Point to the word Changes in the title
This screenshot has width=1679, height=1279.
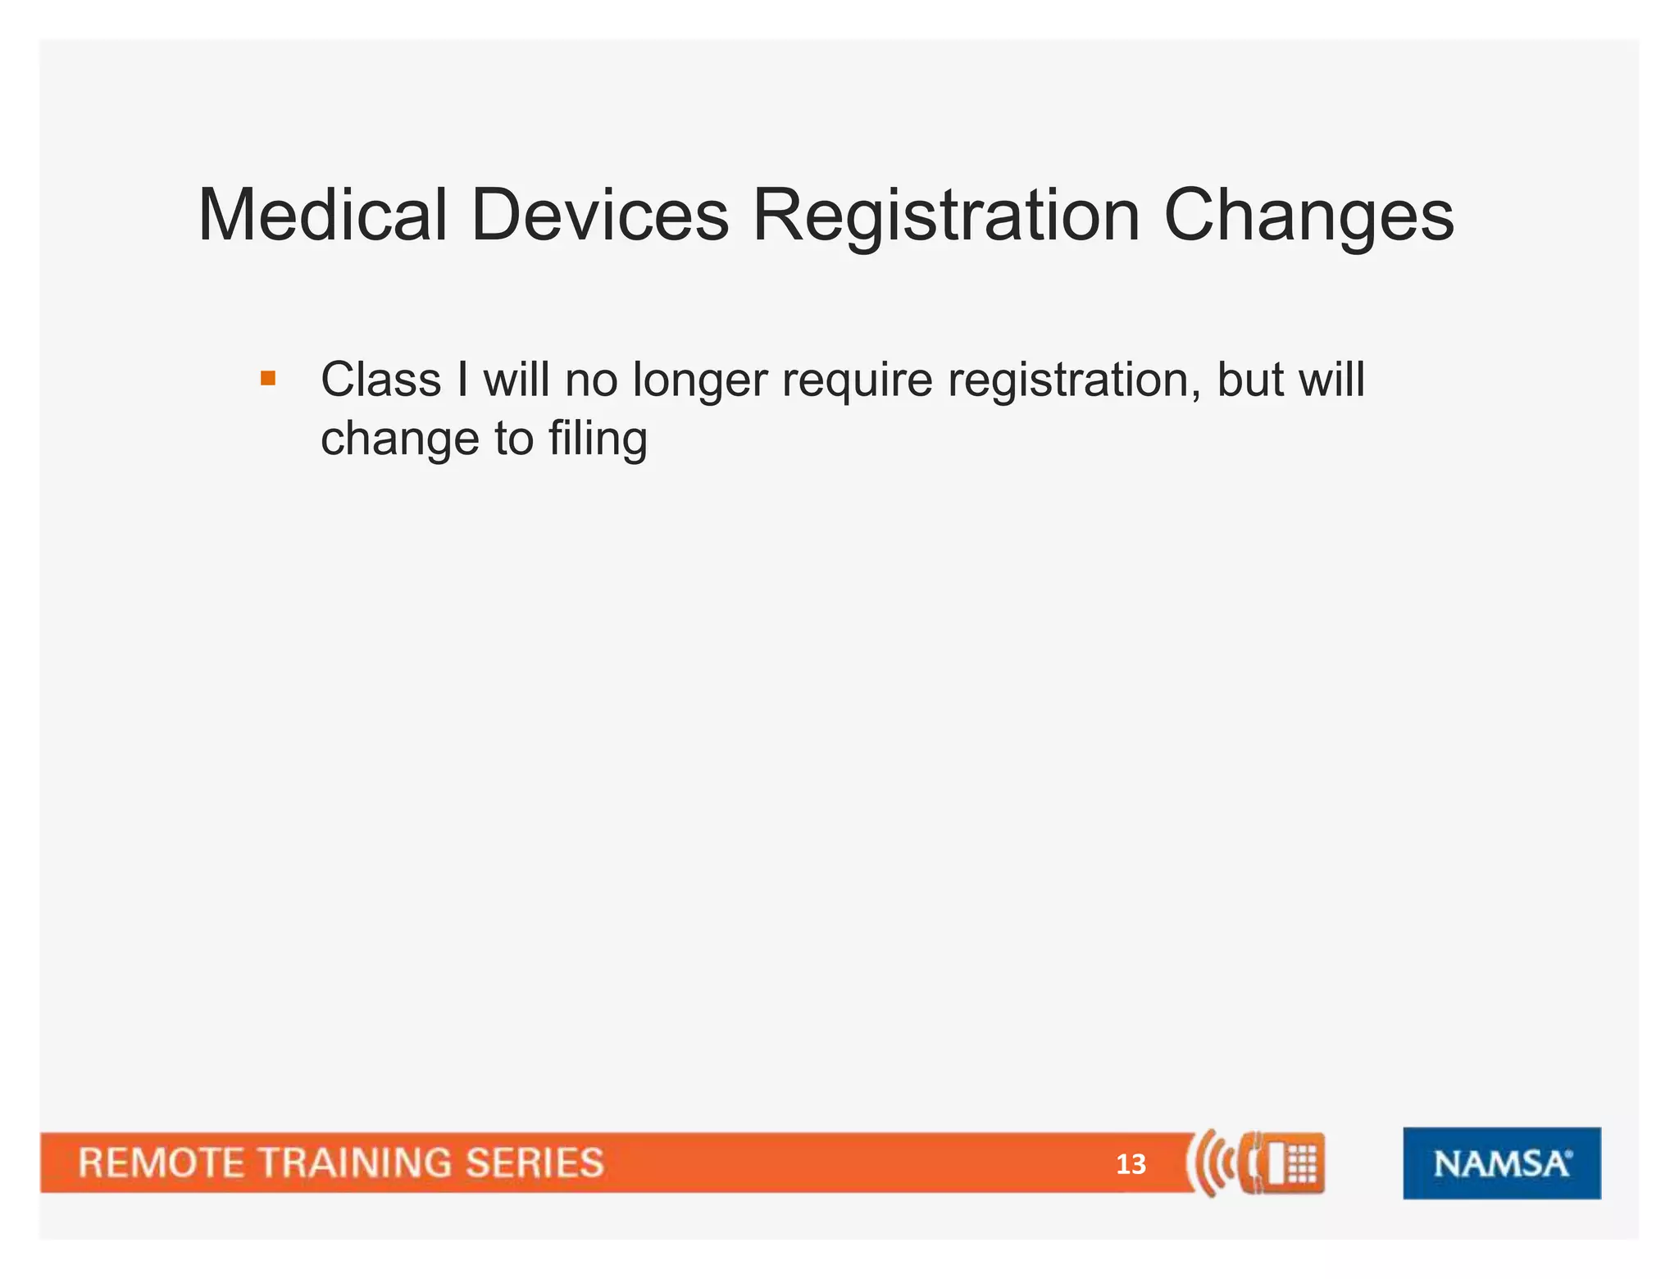(x=1308, y=216)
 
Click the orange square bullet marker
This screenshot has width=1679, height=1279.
(x=268, y=379)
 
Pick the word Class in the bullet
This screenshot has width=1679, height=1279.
(x=381, y=380)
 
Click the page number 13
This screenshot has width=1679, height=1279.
(x=1131, y=1164)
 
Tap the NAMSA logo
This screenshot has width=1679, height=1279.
(x=1501, y=1163)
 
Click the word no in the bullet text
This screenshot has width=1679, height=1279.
(x=590, y=380)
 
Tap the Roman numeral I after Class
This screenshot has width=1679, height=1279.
(x=463, y=380)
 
